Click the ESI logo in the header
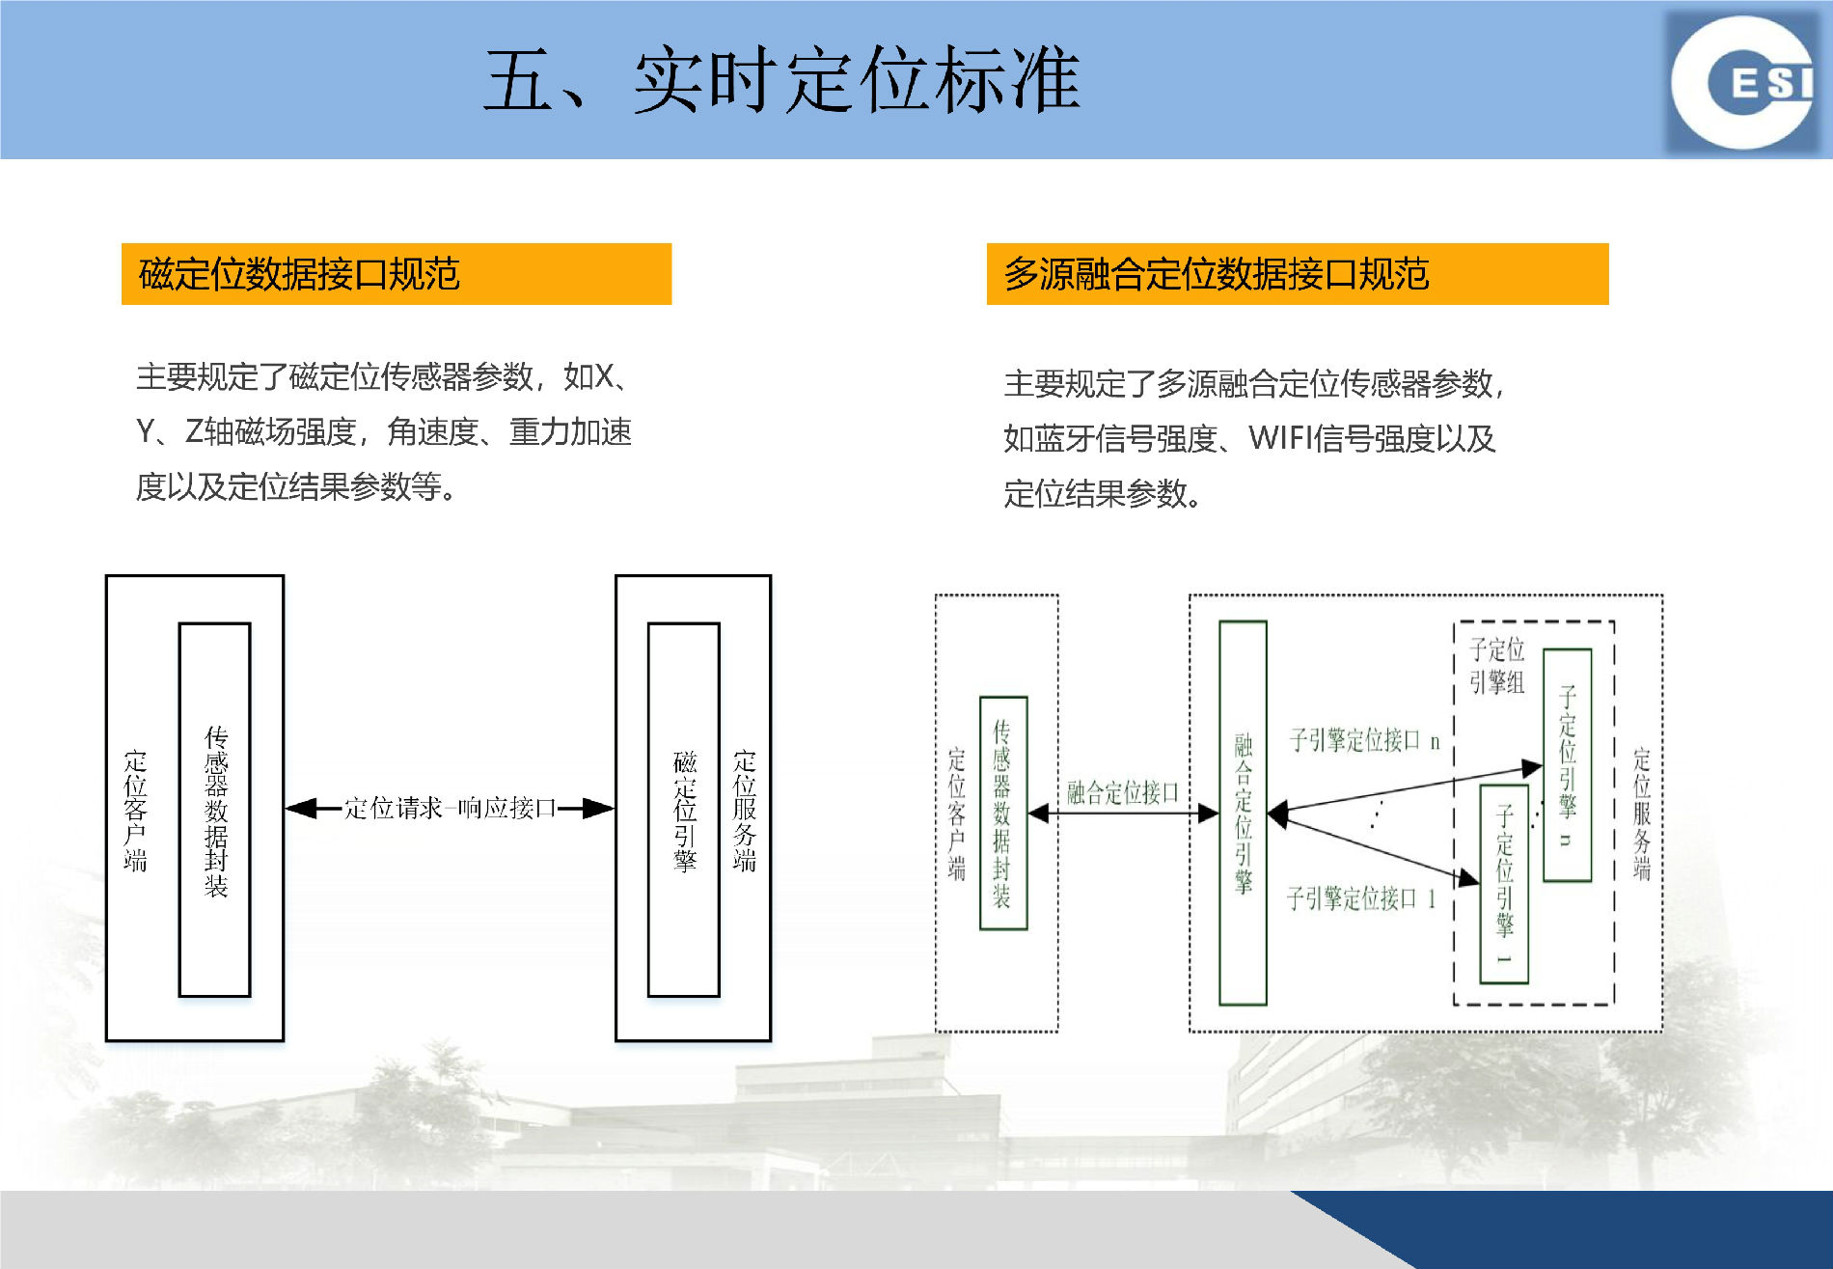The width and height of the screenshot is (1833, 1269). (x=1744, y=83)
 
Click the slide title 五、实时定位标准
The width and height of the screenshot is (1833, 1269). (x=781, y=81)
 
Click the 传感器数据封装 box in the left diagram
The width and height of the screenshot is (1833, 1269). (x=215, y=809)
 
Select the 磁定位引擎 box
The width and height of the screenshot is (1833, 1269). (x=684, y=809)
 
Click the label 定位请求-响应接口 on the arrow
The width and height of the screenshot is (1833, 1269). (x=450, y=808)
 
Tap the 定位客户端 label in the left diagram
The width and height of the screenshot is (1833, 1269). (x=135, y=811)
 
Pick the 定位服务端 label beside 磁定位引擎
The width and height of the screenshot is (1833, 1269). (x=744, y=811)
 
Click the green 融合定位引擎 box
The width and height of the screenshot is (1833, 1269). (x=1244, y=813)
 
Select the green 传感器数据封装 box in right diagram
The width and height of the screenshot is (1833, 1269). (x=1003, y=813)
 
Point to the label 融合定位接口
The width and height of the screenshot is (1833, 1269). (x=1123, y=793)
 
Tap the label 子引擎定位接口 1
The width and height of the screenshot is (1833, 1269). (x=1360, y=898)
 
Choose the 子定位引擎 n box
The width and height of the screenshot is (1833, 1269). (x=1567, y=764)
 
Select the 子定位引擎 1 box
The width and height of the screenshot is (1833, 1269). (x=1504, y=884)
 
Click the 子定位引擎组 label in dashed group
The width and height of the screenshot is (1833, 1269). (x=1496, y=666)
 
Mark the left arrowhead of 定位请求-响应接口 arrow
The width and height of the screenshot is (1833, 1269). (x=301, y=809)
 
